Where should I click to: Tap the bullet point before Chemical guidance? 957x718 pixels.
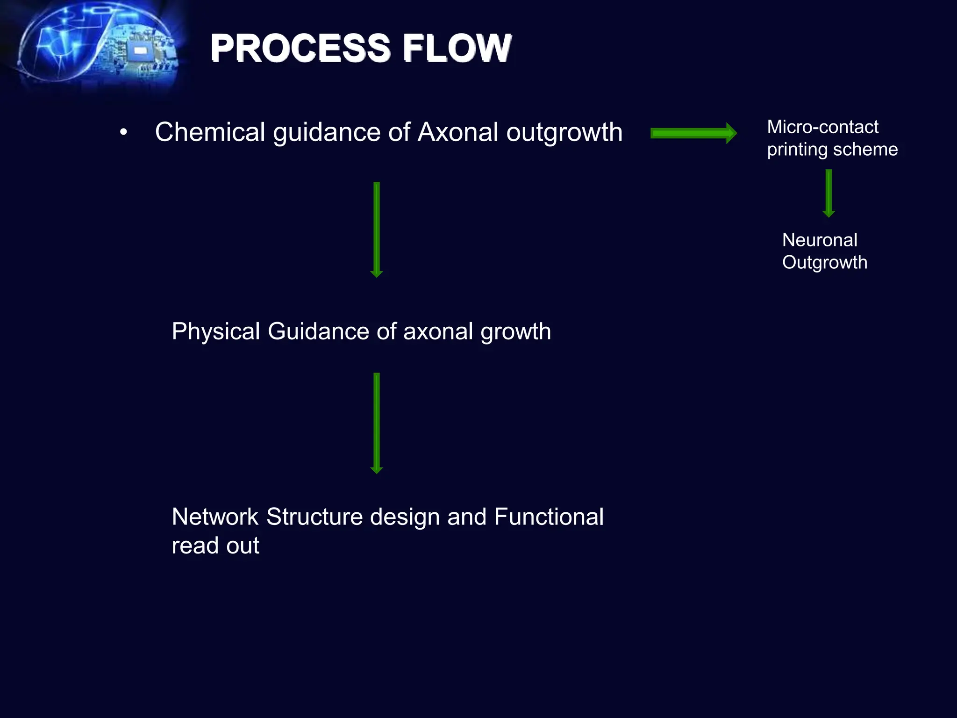point(123,133)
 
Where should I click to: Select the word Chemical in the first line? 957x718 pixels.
point(210,132)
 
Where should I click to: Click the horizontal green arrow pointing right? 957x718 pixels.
point(693,134)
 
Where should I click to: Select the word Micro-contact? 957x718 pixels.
point(822,127)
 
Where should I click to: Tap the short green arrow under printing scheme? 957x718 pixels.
point(828,193)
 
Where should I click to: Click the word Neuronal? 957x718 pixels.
point(820,240)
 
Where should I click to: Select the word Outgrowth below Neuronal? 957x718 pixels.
point(825,263)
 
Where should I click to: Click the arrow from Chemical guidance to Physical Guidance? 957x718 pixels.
point(377,229)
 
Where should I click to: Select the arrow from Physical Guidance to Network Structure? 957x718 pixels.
point(377,423)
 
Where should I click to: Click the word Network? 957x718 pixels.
point(215,517)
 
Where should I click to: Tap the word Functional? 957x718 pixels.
point(549,517)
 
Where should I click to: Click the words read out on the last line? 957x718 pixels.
point(215,546)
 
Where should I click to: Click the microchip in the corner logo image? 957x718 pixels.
point(140,50)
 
